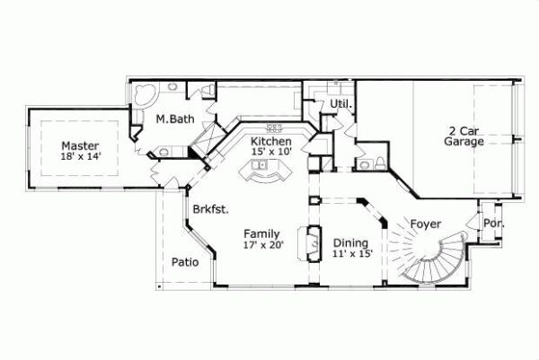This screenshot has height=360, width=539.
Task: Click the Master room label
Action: coord(80,145)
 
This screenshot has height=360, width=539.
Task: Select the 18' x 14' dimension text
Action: coord(80,157)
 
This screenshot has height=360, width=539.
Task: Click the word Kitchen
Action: coord(270,142)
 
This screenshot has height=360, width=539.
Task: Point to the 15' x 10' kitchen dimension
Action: coord(270,154)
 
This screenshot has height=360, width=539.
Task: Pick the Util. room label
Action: coord(340,105)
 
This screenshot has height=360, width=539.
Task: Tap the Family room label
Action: coord(262,233)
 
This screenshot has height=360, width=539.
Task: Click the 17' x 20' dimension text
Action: coord(263,244)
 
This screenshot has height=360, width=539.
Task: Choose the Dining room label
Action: coord(350,242)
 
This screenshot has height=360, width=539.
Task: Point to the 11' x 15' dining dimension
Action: coord(352,255)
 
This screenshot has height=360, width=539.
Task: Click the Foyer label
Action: coord(425,223)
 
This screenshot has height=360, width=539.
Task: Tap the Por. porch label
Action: coord(493,223)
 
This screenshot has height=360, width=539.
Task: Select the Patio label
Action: coord(185,262)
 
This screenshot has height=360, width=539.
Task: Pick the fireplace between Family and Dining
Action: coord(314,243)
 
